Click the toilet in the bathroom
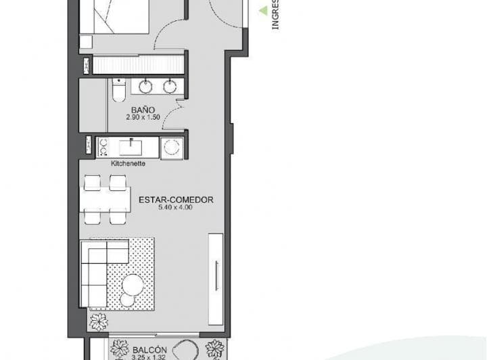click(x=118, y=90)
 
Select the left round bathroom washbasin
click(x=146, y=87)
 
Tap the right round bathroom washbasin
click(x=170, y=87)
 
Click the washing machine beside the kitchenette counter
click(x=172, y=148)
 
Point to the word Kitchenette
click(x=128, y=163)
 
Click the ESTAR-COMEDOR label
click(x=176, y=200)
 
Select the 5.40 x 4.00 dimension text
click(x=176, y=208)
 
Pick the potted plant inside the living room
click(x=97, y=321)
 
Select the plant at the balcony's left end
click(x=120, y=350)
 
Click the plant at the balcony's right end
click(x=214, y=350)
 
